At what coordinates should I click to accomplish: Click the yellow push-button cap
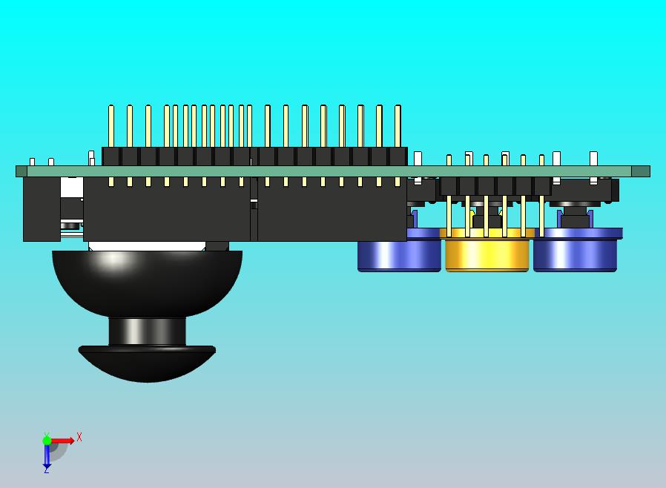click(487, 254)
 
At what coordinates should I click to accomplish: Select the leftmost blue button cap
click(398, 254)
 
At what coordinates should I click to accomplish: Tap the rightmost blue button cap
click(576, 254)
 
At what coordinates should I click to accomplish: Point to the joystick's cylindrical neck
click(147, 331)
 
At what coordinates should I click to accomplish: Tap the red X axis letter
click(79, 438)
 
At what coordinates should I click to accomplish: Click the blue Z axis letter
click(46, 469)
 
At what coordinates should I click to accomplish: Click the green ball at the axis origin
click(47, 441)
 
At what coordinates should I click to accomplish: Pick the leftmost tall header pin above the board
click(111, 126)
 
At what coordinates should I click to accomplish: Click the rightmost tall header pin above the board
click(398, 126)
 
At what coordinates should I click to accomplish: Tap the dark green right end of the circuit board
click(641, 171)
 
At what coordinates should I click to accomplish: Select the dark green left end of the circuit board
click(22, 171)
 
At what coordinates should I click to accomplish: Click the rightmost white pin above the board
click(593, 158)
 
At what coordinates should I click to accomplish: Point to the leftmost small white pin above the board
click(32, 162)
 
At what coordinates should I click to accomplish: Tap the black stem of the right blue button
click(575, 220)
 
